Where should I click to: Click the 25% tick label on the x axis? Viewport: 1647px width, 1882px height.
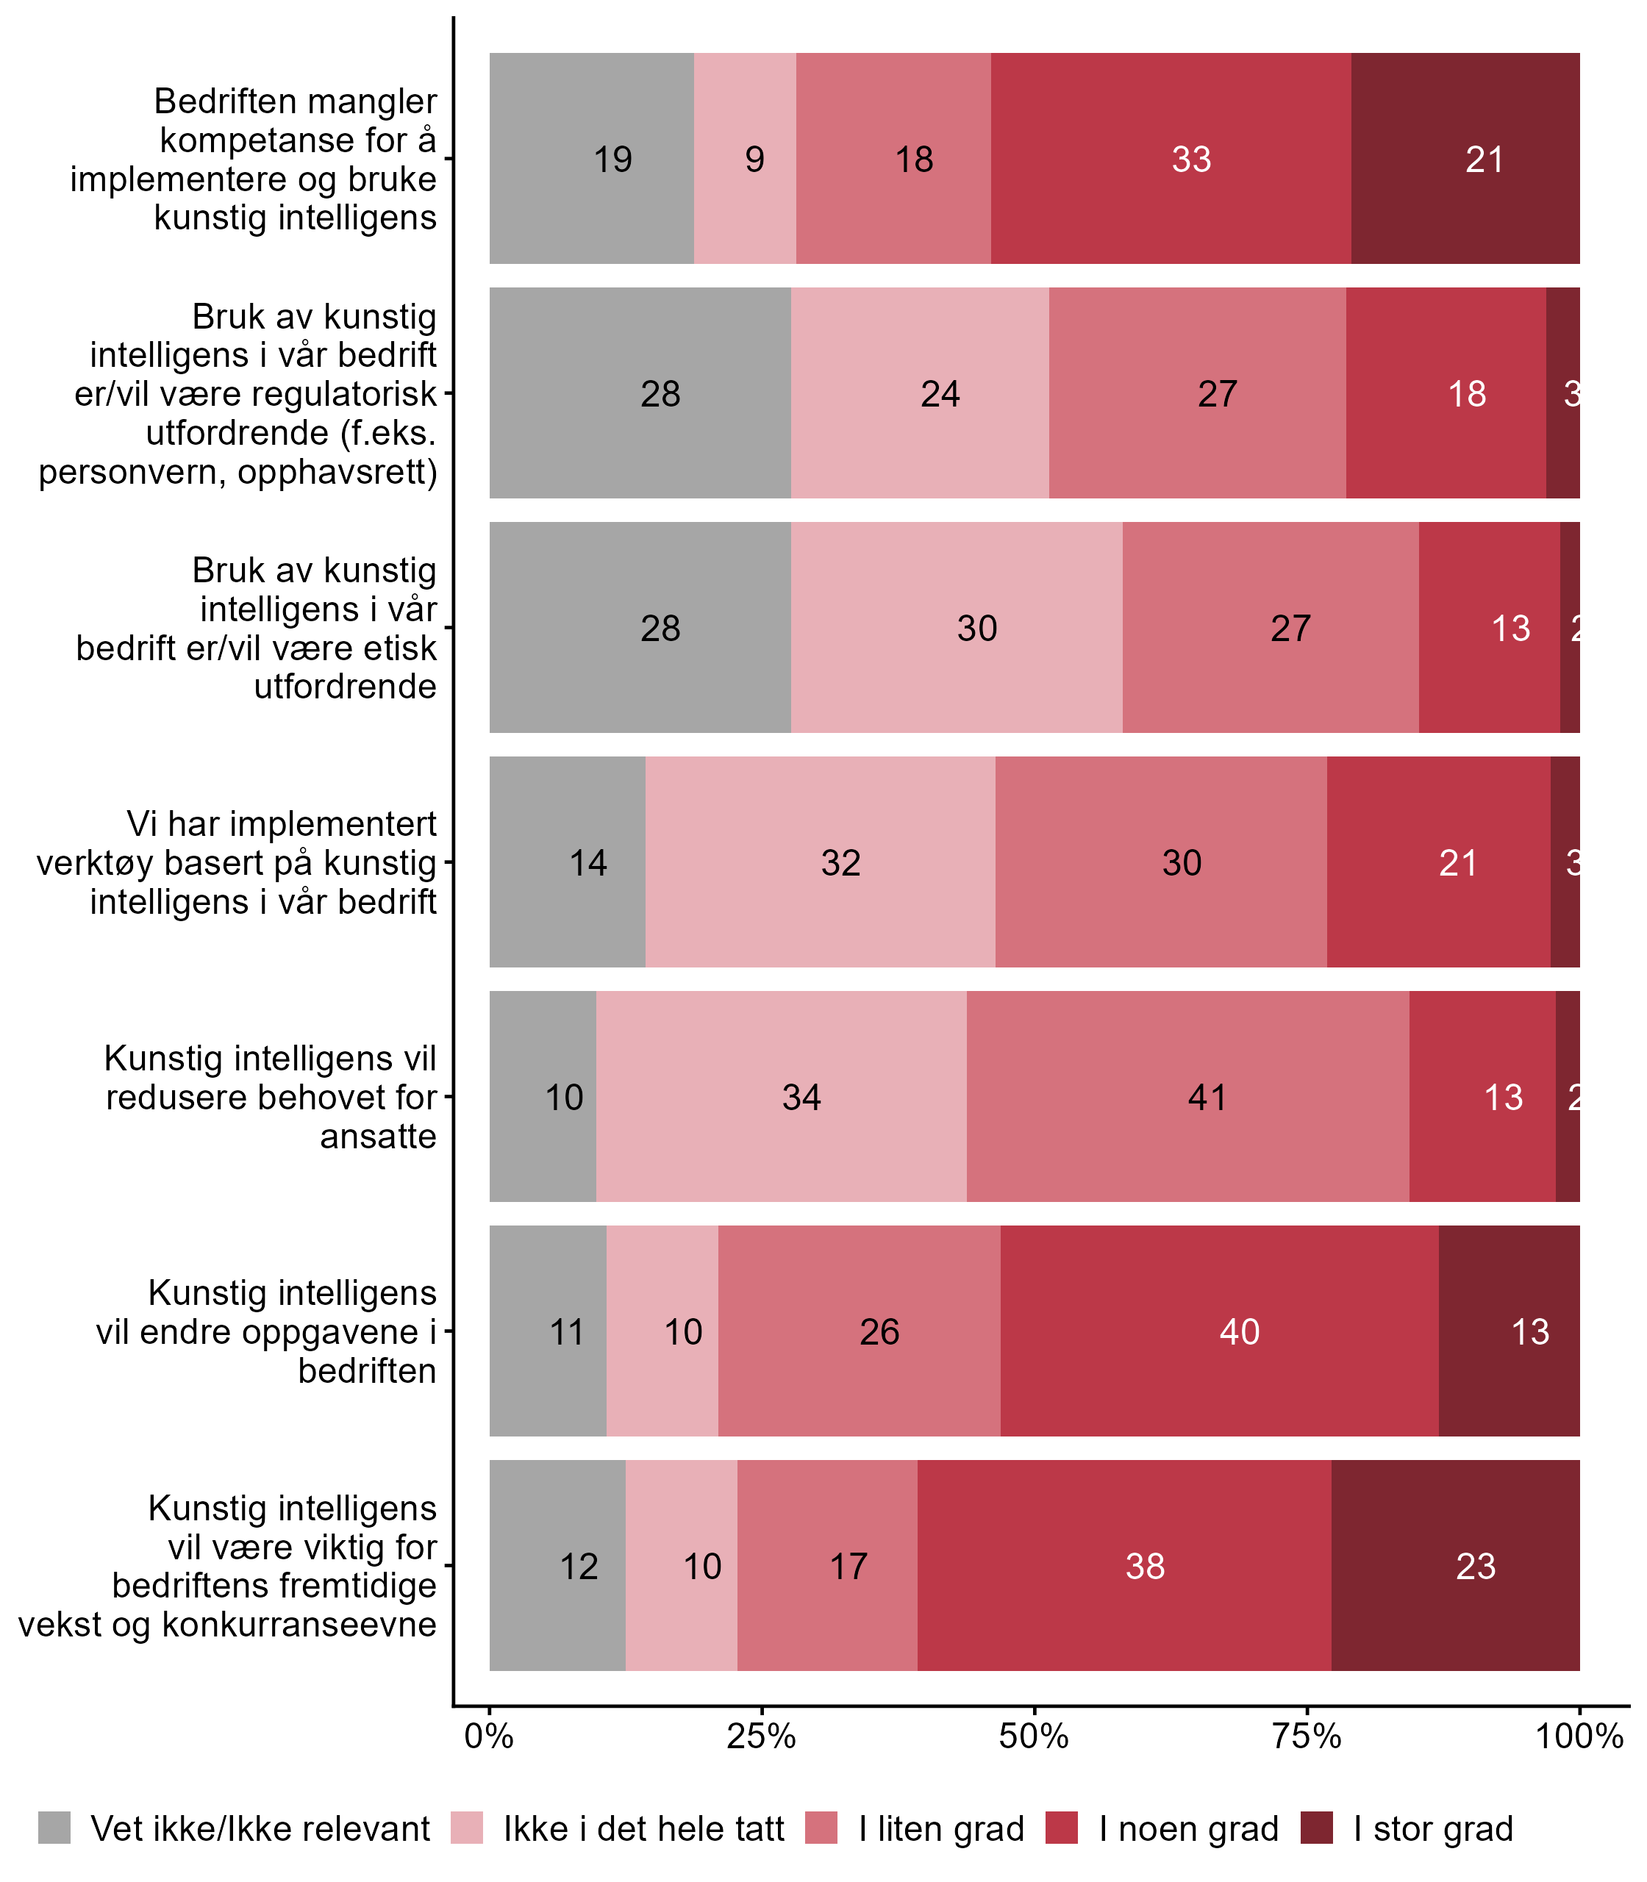pos(761,1736)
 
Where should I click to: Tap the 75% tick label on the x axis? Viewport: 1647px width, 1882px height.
pos(1306,1736)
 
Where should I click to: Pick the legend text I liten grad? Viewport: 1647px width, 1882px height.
pos(941,1829)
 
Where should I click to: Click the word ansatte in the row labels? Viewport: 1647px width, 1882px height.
pos(378,1137)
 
